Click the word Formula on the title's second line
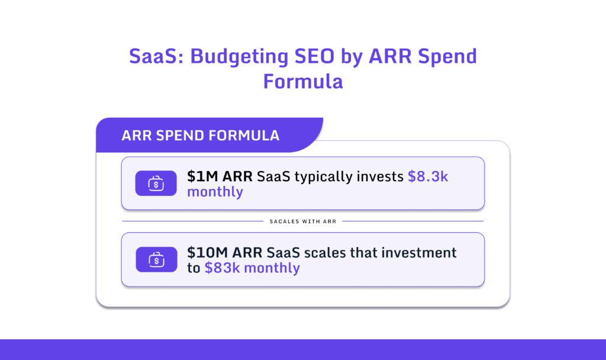(x=303, y=81)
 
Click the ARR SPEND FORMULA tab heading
(x=200, y=135)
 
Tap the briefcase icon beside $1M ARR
(x=156, y=184)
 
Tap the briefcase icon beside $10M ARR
(x=156, y=259)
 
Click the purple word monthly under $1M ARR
(x=215, y=192)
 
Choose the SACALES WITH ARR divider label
(x=302, y=221)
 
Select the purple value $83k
(x=222, y=268)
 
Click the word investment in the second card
(x=418, y=252)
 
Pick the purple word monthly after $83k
(x=272, y=268)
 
